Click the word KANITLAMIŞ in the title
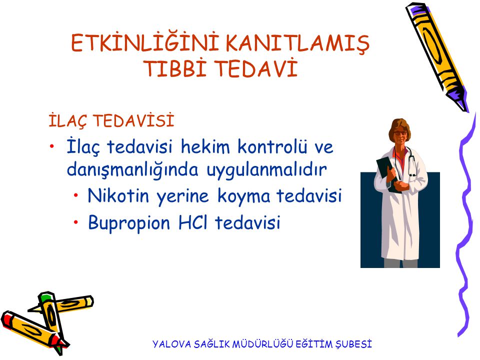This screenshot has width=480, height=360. pos(297,43)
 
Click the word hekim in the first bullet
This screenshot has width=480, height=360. pos(205,146)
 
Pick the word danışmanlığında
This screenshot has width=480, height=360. pos(132,170)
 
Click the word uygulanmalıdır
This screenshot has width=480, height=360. pos(267,169)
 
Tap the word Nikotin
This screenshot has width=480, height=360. pos(118,195)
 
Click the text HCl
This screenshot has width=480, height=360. pos(192,222)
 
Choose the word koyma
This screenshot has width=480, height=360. pos(244,196)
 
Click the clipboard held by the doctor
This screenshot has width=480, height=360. pos(387,174)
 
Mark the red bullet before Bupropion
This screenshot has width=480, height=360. pos(75,222)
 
